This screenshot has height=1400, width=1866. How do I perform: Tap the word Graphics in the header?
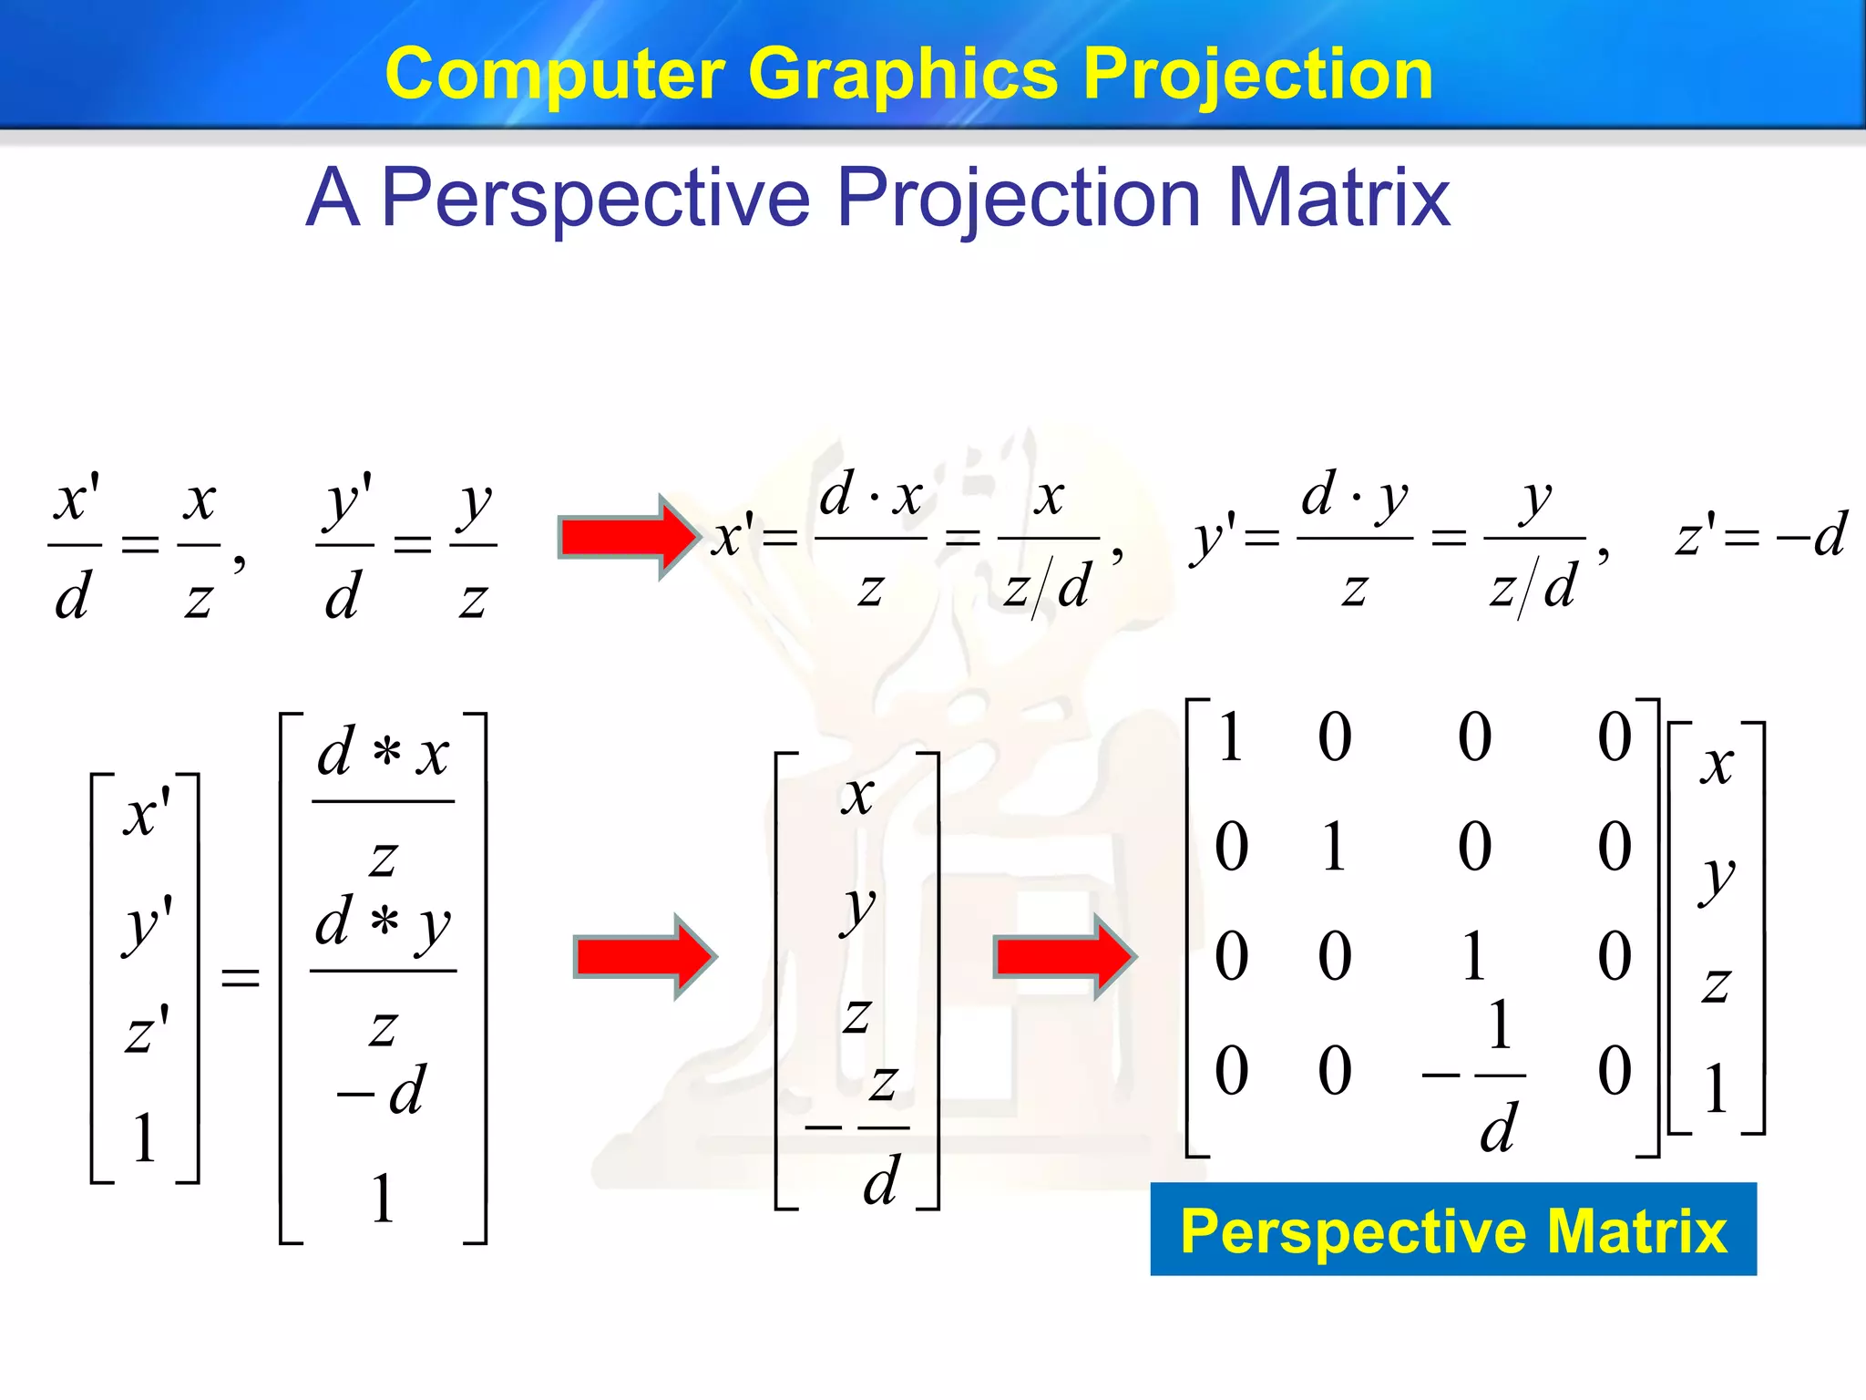[902, 75]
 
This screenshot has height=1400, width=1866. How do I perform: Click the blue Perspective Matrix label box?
[1452, 1230]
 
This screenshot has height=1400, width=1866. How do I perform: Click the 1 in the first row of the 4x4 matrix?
[1230, 736]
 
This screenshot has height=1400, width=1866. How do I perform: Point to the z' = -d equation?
[1759, 535]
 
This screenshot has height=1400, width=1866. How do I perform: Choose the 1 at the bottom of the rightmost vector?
[1716, 1088]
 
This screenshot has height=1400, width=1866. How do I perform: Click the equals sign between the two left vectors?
[241, 978]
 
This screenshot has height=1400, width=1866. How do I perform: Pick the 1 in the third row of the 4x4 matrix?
[1474, 957]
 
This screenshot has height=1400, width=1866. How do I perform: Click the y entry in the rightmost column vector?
[1717, 878]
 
